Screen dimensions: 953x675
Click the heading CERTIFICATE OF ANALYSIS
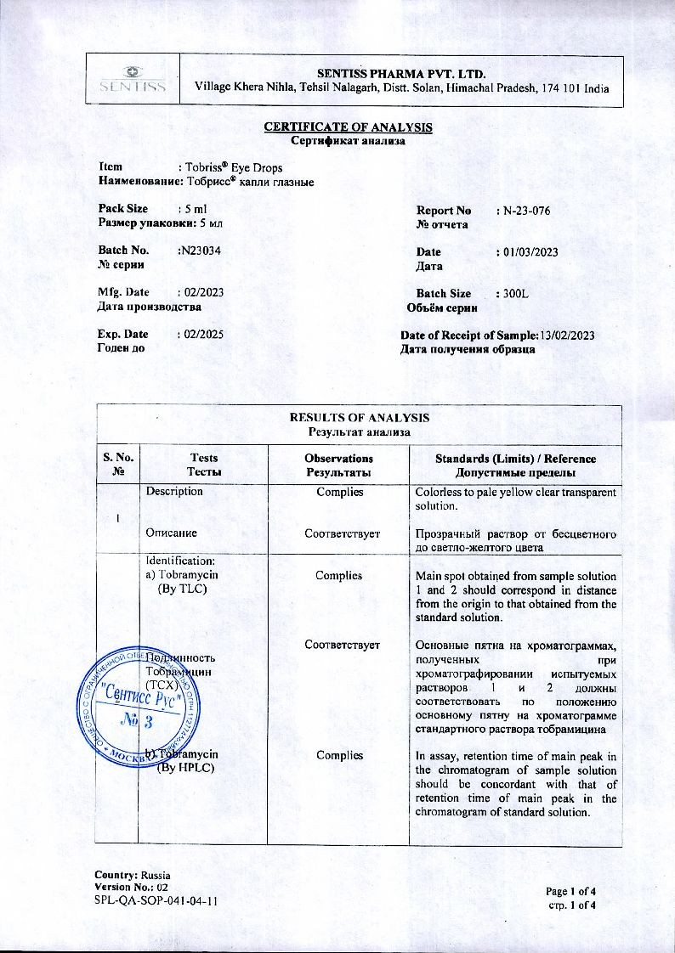tap(348, 127)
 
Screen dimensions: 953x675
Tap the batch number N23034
tap(201, 251)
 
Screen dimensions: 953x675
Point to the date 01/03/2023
tap(530, 252)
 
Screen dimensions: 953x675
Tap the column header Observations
tap(338, 459)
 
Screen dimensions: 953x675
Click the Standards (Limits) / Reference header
tap(515, 459)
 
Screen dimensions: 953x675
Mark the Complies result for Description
tap(338, 492)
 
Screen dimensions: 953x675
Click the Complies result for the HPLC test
tap(338, 754)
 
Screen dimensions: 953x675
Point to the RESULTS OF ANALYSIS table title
tap(359, 417)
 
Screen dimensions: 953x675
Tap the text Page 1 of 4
tap(571, 891)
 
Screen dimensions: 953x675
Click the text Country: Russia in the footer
tap(133, 875)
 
